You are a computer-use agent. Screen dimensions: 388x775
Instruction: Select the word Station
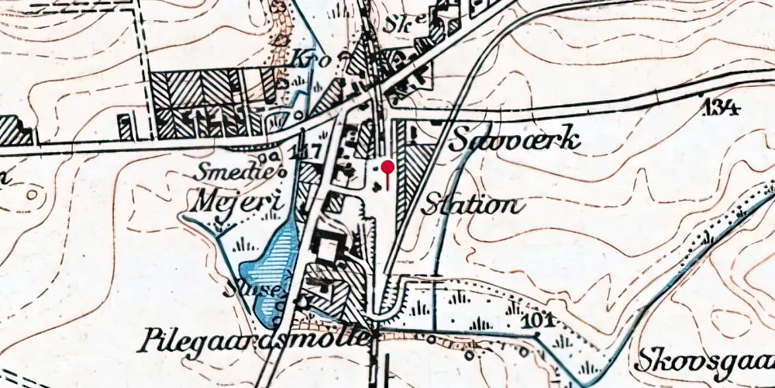(x=470, y=205)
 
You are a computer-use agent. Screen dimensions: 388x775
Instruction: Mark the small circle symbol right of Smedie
(x=272, y=171)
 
